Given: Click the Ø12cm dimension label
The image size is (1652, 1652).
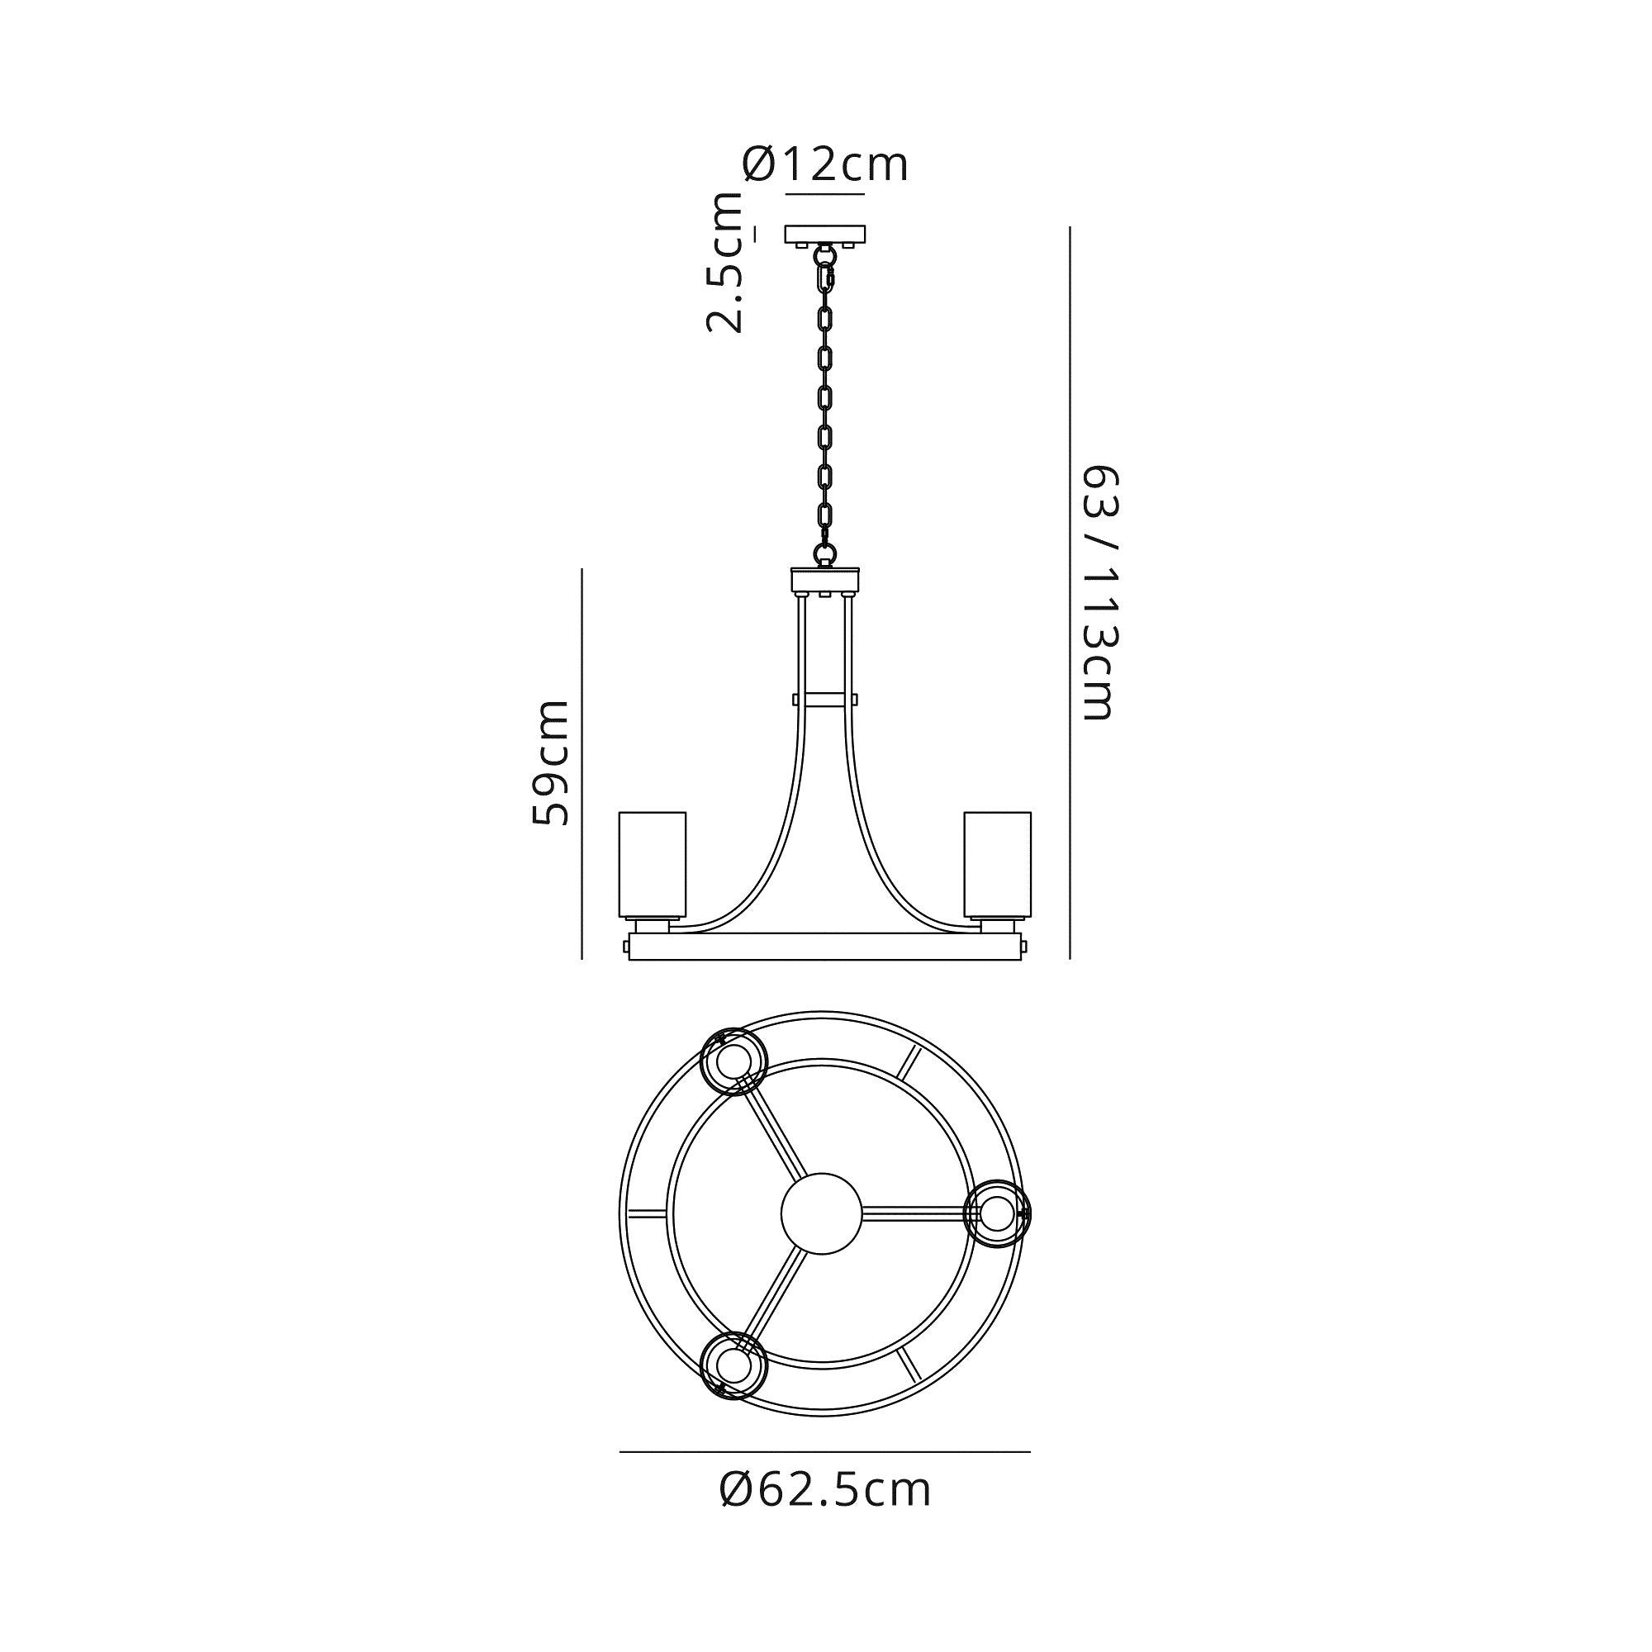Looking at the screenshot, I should tap(825, 164).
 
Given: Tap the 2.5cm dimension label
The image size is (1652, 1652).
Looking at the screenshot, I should tap(725, 263).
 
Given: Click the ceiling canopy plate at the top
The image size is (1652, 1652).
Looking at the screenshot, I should tap(826, 234).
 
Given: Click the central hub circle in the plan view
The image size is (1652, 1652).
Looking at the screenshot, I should tap(823, 1213).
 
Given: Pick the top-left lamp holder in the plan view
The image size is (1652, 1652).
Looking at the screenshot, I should tap(733, 1062).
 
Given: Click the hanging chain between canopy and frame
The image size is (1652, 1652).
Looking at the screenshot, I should tap(825, 402).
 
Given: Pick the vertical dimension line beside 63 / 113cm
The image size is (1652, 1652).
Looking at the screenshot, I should tap(1070, 593).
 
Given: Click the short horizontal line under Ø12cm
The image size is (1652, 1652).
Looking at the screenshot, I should tap(825, 195).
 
